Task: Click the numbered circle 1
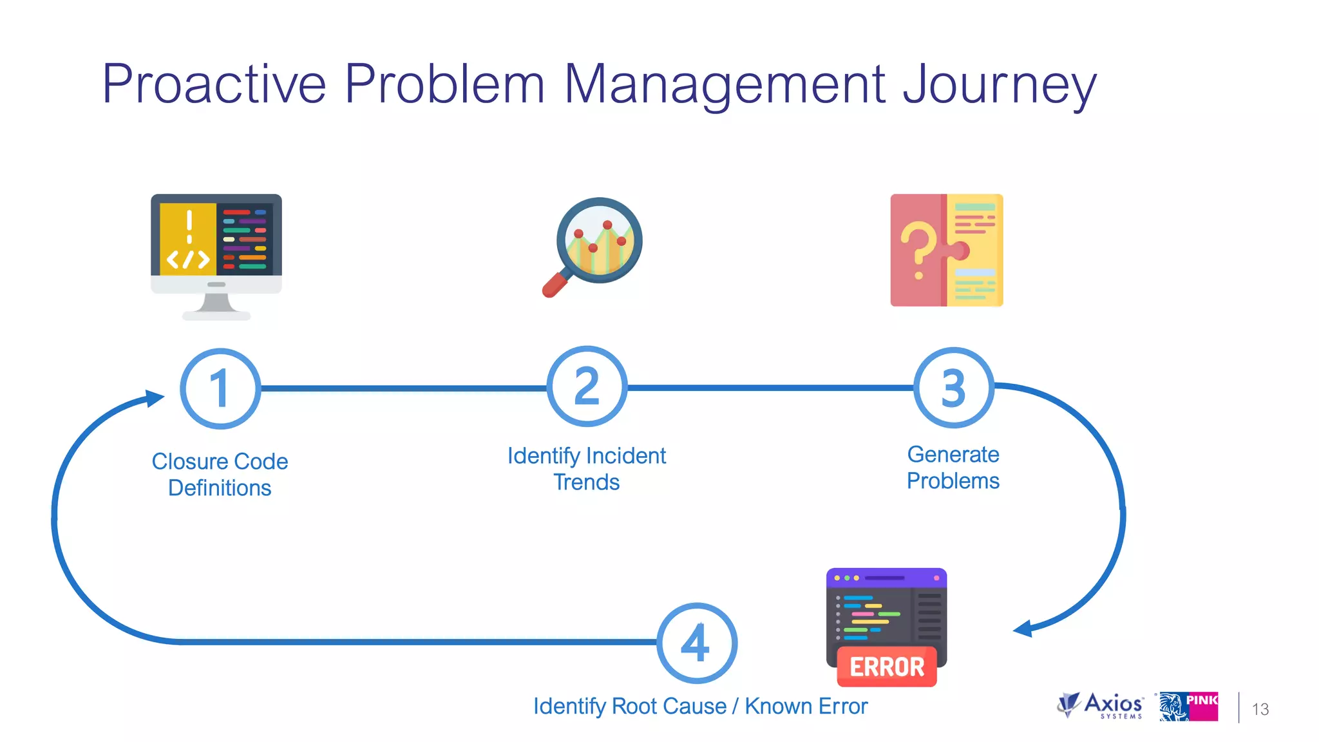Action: coord(220,388)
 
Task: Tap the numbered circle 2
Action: coord(587,386)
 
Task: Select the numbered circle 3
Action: coord(954,388)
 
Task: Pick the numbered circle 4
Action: coord(697,643)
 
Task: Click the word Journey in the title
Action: coord(999,84)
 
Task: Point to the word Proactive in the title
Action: coord(214,84)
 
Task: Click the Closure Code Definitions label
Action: coord(220,475)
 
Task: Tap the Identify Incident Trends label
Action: coord(587,469)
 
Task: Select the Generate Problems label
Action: coord(953,468)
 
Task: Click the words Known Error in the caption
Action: coord(806,707)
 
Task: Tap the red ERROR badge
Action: coord(887,667)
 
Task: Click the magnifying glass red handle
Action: coord(553,285)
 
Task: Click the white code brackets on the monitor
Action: coord(188,260)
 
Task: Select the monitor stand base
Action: coord(216,315)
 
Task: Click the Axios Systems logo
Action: coord(1101,706)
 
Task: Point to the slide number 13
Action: coord(1260,709)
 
